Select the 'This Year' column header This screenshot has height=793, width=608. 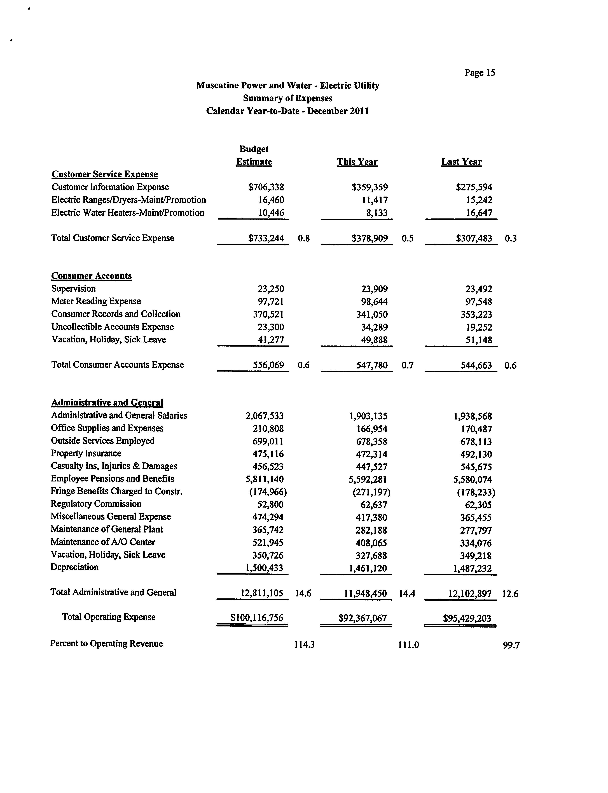point(357,162)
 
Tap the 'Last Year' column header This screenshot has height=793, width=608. point(461,162)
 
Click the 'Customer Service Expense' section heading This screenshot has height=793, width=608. point(105,174)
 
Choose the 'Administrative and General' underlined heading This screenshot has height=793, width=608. point(107,402)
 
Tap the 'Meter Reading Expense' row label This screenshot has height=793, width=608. point(96,301)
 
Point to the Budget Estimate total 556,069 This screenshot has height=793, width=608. point(268,365)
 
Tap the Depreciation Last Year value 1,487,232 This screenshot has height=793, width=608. point(472,568)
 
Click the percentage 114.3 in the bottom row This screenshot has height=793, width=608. point(304,645)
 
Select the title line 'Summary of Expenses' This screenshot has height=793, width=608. point(288,98)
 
